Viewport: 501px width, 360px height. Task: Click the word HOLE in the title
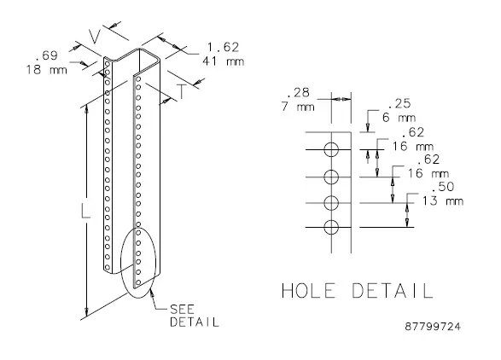point(312,290)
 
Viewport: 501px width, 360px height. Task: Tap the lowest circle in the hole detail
point(332,227)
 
